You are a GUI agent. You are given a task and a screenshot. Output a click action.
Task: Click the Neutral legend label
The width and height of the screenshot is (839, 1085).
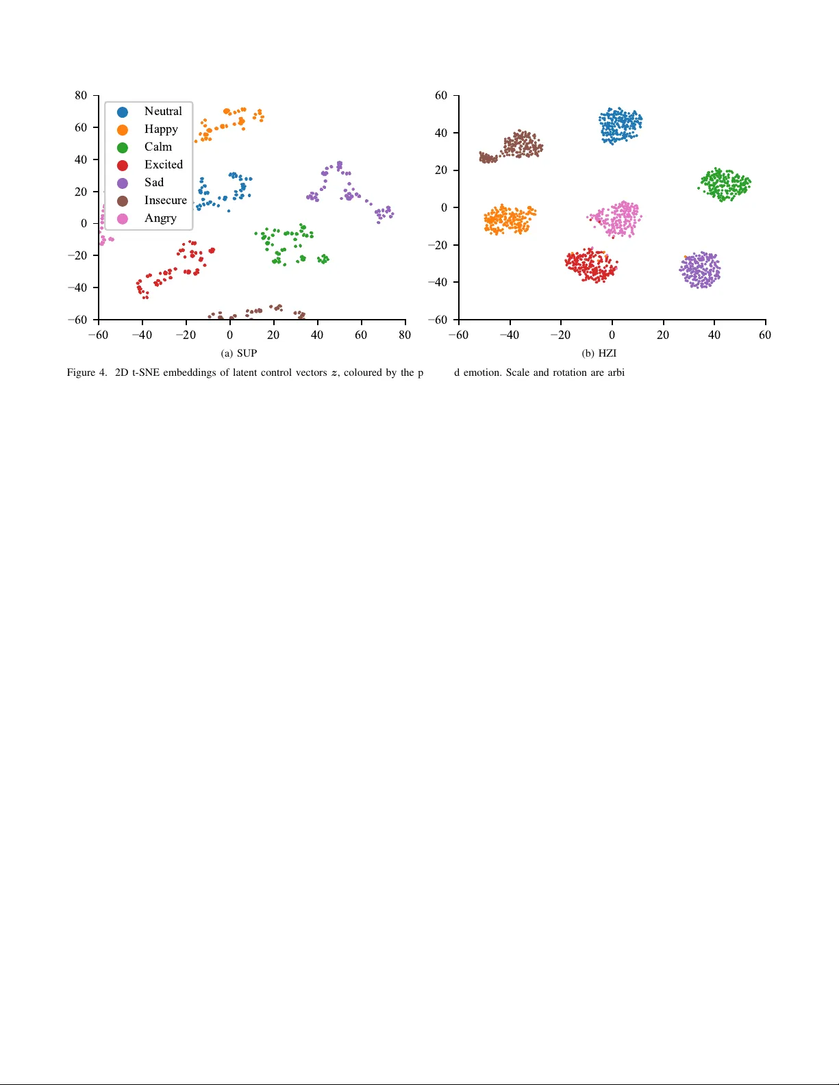163,112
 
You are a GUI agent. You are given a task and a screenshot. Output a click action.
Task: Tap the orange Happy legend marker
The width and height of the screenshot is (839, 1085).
123,129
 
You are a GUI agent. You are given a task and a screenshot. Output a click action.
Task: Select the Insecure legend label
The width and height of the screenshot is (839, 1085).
165,201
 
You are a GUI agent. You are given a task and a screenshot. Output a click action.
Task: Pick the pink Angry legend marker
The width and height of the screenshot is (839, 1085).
123,219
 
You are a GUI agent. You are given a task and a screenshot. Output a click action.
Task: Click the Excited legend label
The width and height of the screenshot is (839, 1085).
164,165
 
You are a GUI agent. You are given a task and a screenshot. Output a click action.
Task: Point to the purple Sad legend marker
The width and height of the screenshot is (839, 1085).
123,183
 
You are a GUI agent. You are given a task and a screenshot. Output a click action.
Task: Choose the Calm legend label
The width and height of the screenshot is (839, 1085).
158,147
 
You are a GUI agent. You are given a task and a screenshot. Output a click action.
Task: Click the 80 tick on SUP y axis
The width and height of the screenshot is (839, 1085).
81,96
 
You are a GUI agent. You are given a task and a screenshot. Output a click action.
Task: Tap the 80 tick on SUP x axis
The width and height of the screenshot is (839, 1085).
405,335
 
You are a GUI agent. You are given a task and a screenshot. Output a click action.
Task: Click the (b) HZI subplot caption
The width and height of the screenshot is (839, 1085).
599,354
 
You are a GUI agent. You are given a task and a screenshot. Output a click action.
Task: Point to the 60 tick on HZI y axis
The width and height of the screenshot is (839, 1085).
441,96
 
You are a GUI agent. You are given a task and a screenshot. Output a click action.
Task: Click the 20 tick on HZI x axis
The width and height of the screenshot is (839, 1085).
663,335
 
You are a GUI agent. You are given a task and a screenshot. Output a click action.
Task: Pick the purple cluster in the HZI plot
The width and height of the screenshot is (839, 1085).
701,270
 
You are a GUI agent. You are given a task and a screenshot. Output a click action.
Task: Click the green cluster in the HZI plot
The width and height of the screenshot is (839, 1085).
725,184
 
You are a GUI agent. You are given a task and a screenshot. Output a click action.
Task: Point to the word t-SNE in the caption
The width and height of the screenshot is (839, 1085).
145,373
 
